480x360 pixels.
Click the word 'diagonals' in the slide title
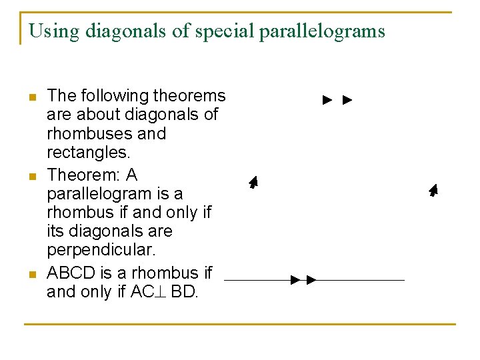[x=114, y=31]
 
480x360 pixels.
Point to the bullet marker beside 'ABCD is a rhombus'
[x=31, y=274]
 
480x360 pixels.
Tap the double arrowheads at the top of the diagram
[x=337, y=101]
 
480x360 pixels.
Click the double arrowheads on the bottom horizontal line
[x=303, y=280]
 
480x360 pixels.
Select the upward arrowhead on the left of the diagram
[x=253, y=182]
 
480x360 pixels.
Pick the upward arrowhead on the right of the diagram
[x=433, y=190]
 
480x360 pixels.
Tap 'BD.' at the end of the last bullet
[x=185, y=292]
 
